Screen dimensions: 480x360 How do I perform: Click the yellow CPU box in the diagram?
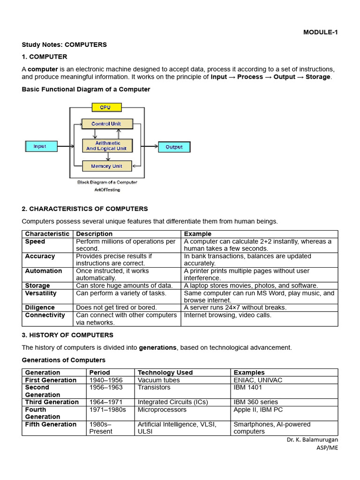coord(105,107)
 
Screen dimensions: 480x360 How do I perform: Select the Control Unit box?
coord(107,124)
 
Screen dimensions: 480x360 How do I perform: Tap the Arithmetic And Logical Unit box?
coord(107,146)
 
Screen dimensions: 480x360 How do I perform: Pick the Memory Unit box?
coord(107,166)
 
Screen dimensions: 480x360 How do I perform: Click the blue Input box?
coord(40,146)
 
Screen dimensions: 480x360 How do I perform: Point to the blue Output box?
coord(174,147)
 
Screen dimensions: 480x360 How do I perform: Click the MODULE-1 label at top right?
coord(320,32)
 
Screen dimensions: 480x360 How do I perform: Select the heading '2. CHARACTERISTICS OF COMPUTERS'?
coord(85,209)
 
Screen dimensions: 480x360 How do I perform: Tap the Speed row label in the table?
coord(35,241)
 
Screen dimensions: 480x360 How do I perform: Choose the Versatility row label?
coord(41,293)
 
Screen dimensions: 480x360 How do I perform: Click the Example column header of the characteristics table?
coord(198,233)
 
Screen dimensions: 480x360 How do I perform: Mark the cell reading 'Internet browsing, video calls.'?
coord(228,315)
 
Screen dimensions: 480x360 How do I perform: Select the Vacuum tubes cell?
coord(159,380)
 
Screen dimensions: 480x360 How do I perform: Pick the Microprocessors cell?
coord(162,409)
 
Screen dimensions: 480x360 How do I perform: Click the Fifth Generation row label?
coord(51,424)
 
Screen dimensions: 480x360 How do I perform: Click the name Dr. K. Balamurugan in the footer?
coord(312,440)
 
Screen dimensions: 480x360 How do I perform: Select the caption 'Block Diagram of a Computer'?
coord(107,182)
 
